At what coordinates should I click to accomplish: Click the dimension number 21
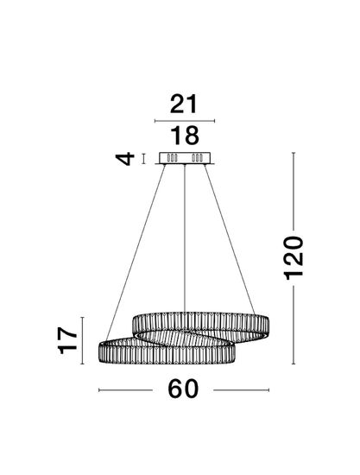click(x=184, y=104)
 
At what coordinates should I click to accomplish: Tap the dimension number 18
click(x=185, y=136)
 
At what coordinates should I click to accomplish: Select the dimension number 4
click(x=125, y=159)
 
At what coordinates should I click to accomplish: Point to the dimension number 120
click(x=293, y=258)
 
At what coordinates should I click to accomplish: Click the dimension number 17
click(x=67, y=340)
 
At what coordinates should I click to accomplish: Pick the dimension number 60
click(x=183, y=389)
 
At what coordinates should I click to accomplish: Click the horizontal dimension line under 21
click(x=185, y=121)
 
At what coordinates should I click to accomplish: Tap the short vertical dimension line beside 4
click(x=144, y=159)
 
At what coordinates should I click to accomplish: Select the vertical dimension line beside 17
click(x=82, y=340)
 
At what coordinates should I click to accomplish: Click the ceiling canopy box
click(x=185, y=158)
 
